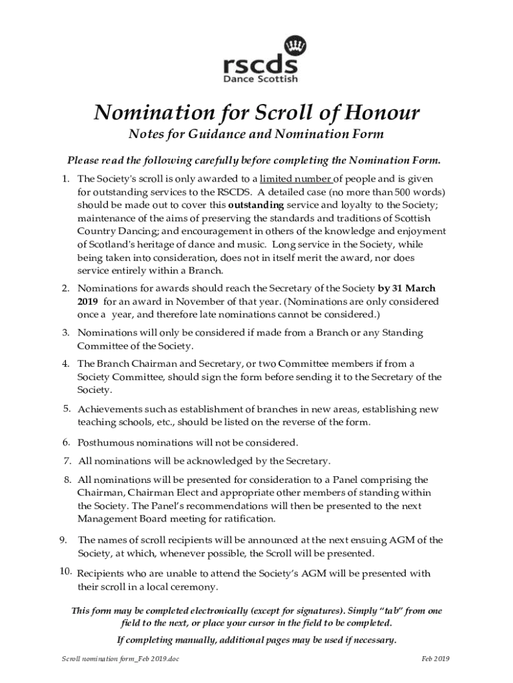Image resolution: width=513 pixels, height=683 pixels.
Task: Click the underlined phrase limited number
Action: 295,179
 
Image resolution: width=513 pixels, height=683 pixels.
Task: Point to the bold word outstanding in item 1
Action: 256,204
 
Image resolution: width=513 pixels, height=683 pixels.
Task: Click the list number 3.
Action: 66,332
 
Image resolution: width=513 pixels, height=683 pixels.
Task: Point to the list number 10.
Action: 65,572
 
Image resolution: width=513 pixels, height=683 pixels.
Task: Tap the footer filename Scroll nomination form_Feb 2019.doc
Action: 119,659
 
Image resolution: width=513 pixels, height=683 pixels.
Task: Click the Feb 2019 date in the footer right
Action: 436,659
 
